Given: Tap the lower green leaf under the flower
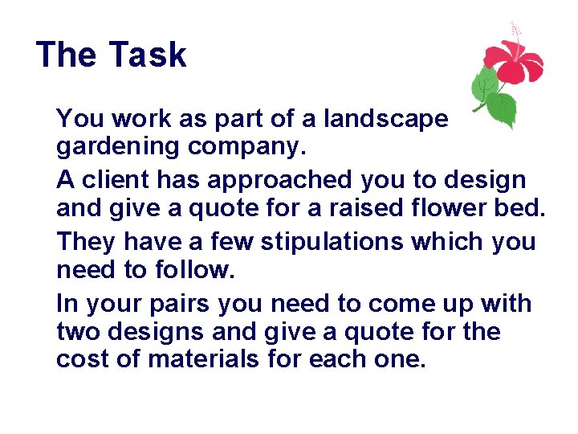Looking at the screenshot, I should click(x=500, y=108).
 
